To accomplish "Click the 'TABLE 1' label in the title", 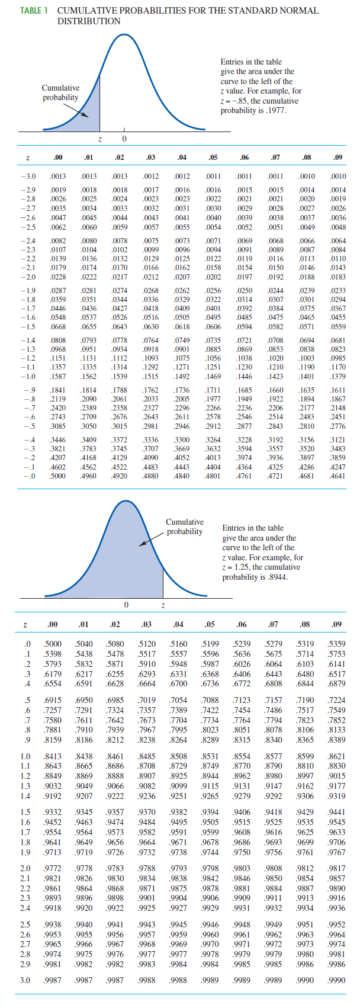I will pyautogui.click(x=34, y=11).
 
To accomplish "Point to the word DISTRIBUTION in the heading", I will pyautogui.click(x=89, y=21).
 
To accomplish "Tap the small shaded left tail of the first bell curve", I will pyautogui.click(x=89, y=119).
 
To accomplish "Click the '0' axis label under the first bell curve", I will pyautogui.click(x=124, y=139).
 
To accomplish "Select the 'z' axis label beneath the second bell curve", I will pyautogui.click(x=163, y=605).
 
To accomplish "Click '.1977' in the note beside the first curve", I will pyautogui.click(x=274, y=111).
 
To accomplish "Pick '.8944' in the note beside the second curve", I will pyautogui.click(x=276, y=577).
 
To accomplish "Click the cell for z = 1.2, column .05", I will pyautogui.click(x=210, y=775).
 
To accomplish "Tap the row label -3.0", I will pyautogui.click(x=28, y=176).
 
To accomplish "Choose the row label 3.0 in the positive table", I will pyautogui.click(x=25, y=980).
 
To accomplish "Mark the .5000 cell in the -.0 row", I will pyautogui.click(x=57, y=476).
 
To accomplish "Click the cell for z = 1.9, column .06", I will pyautogui.click(x=242, y=852).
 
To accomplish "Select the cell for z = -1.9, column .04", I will pyautogui.click(x=182, y=291).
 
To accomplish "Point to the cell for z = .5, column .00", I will pyautogui.click(x=53, y=701).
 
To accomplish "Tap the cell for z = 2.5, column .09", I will pyautogui.click(x=336, y=924).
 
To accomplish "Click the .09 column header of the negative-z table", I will pyautogui.click(x=337, y=158).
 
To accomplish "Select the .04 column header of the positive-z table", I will pyautogui.click(x=178, y=624).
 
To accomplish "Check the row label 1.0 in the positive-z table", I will pyautogui.click(x=25, y=756).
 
